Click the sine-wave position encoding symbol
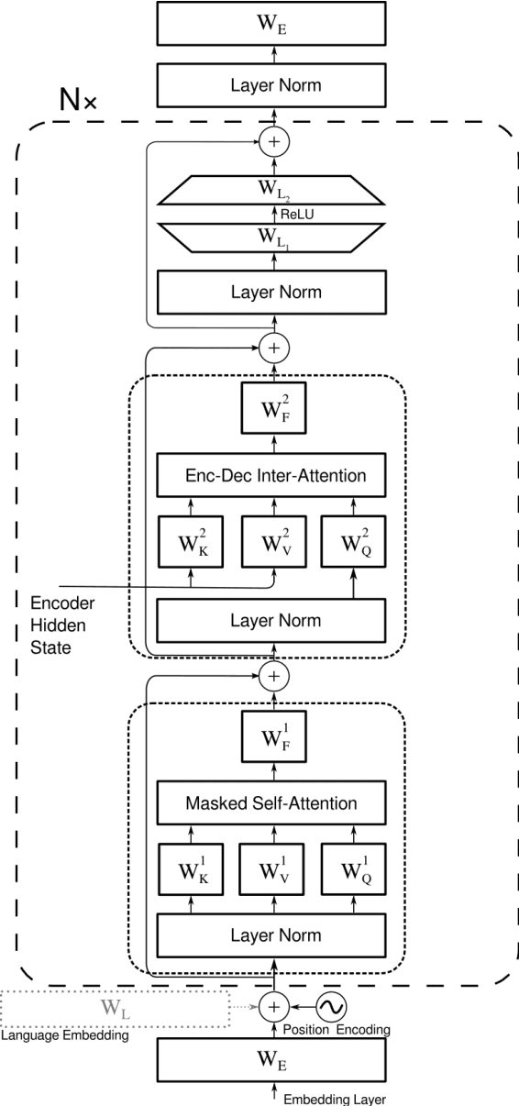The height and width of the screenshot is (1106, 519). click(332, 1007)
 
